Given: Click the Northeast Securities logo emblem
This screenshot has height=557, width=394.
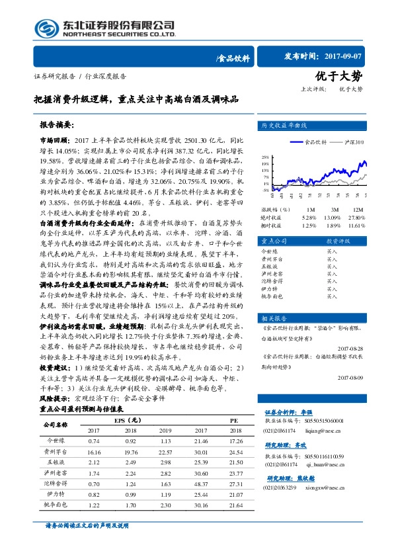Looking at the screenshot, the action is point(44,27).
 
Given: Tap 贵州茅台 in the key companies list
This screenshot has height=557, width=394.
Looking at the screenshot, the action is point(271,261).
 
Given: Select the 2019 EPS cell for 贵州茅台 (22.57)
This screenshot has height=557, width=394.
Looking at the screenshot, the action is point(166,450).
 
